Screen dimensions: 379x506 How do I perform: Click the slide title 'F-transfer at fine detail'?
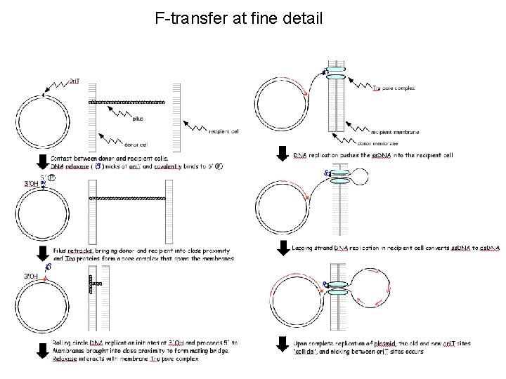click(x=238, y=18)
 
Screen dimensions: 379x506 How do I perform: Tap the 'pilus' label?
click(x=138, y=119)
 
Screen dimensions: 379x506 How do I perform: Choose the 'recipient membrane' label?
click(x=394, y=131)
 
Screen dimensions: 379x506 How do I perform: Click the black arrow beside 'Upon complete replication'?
click(x=282, y=345)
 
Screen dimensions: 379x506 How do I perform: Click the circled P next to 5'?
click(x=51, y=178)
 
